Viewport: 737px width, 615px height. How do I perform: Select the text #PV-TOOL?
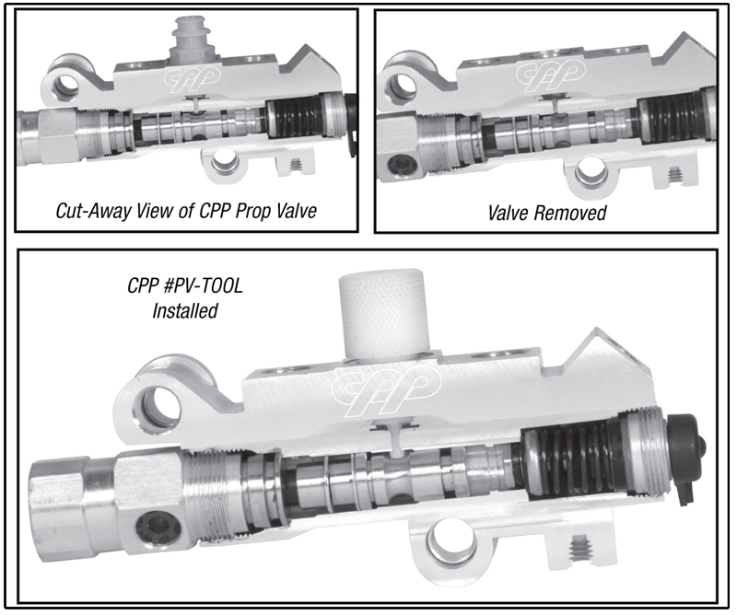(203, 285)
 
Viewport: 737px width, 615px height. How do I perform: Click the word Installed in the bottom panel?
(185, 310)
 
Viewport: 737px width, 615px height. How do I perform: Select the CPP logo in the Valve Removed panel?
(551, 75)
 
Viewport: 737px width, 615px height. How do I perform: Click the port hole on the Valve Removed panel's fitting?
(402, 168)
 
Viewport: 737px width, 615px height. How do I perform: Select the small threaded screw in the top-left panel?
(296, 165)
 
